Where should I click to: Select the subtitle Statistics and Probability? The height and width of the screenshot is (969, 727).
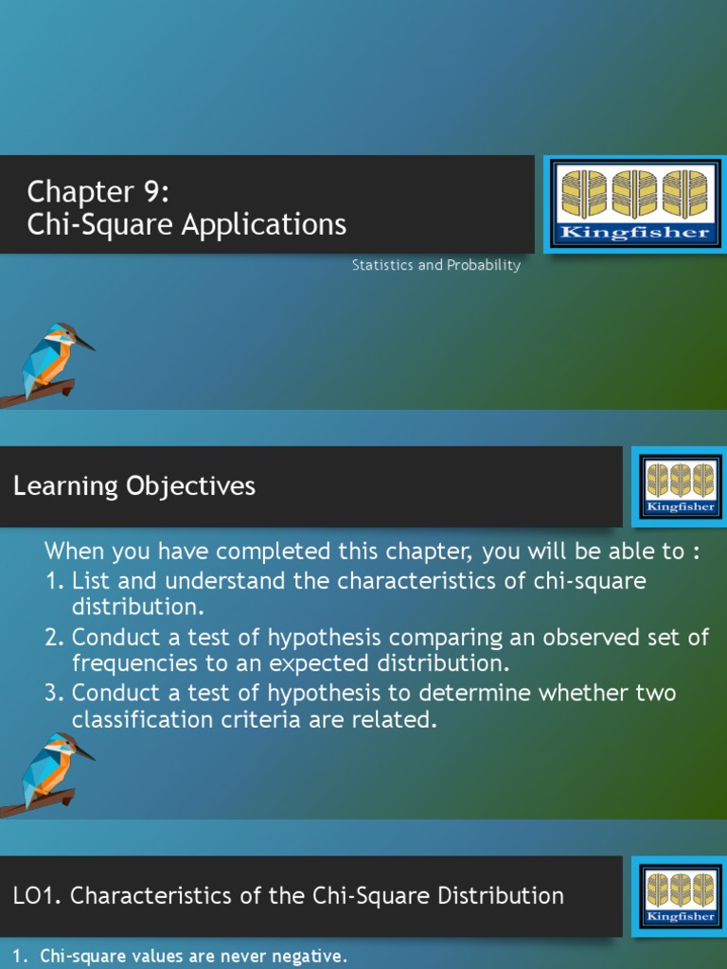tap(436, 266)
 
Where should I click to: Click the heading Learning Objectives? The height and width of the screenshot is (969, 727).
tap(134, 486)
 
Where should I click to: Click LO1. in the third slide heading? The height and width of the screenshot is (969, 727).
tap(37, 895)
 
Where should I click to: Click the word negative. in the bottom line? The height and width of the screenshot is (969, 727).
tap(303, 957)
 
